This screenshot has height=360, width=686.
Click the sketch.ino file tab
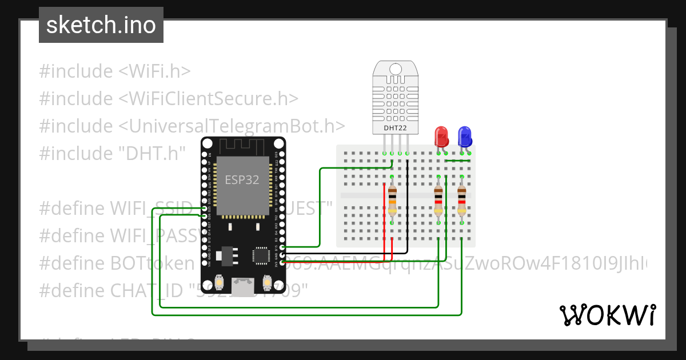click(x=101, y=25)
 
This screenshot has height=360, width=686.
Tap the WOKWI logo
click(x=607, y=315)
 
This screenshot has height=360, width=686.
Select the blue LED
click(x=465, y=136)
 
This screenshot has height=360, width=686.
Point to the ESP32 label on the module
click(x=241, y=179)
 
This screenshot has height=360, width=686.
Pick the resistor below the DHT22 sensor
click(x=392, y=201)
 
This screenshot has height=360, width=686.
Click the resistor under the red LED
click(x=438, y=201)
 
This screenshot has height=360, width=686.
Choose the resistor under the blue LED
click(x=461, y=201)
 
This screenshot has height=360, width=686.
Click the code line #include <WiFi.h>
click(x=114, y=71)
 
